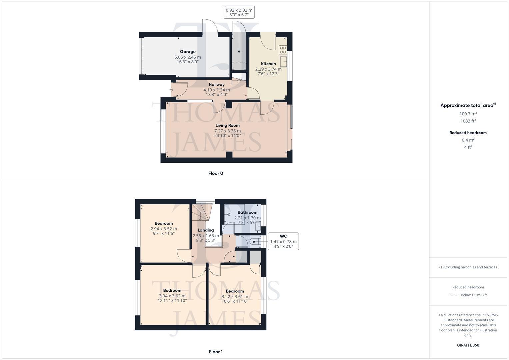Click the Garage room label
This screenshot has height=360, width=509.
click(188, 52)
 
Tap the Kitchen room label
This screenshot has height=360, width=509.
click(268, 64)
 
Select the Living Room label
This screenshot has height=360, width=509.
click(227, 125)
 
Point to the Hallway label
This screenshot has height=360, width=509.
click(217, 84)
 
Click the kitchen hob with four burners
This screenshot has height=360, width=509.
click(283, 50)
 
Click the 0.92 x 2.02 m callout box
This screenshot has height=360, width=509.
click(239, 12)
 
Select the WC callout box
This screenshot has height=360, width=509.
click(283, 241)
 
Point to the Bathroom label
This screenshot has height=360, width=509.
click(247, 212)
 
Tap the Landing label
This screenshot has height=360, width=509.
click(206, 230)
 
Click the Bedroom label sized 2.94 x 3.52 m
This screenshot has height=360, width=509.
click(164, 223)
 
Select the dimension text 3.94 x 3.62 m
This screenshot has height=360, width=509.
click(172, 296)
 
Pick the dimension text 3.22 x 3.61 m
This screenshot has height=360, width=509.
click(235, 296)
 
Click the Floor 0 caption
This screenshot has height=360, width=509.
click(216, 173)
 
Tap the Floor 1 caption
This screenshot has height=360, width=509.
click(216, 352)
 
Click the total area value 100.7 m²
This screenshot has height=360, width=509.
click(468, 114)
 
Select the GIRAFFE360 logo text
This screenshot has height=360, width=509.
click(468, 345)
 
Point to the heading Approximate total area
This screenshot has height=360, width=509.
click(467, 105)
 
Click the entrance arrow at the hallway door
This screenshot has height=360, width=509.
click(171, 89)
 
